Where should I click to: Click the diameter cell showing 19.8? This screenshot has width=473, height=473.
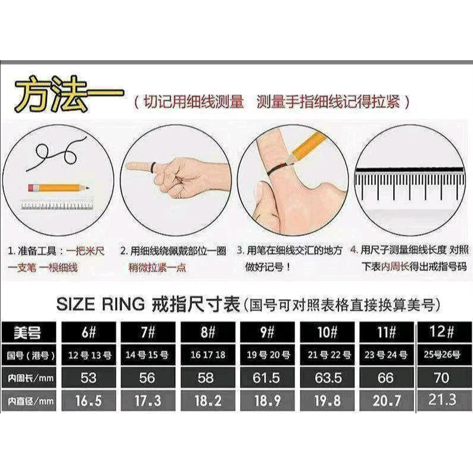[326, 402]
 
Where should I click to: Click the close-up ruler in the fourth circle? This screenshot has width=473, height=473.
[408, 185]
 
